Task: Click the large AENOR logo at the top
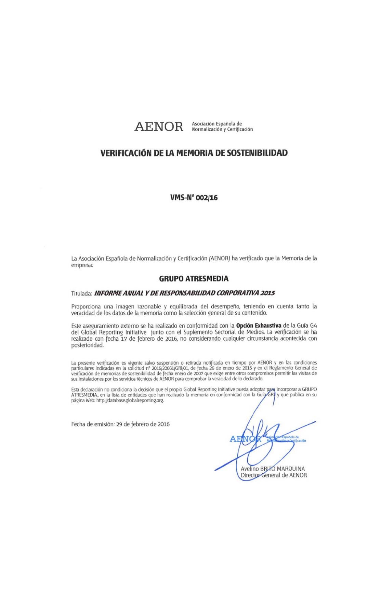159,127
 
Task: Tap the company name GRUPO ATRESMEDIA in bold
194,279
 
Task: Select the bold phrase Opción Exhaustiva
259,326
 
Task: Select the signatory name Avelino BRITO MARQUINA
273,469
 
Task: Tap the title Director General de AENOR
274,475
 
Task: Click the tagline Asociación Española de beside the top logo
217,124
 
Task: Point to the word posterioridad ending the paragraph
87,345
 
